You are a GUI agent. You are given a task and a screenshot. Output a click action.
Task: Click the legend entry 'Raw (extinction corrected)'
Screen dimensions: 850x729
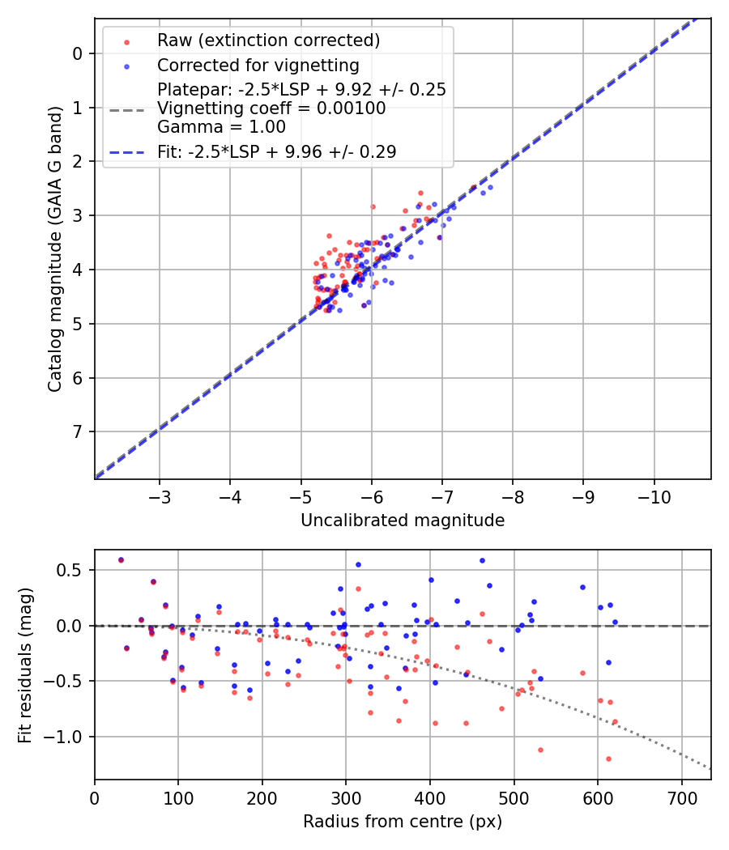tap(268, 40)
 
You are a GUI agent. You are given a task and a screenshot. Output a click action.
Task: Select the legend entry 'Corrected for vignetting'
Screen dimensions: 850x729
tap(258, 65)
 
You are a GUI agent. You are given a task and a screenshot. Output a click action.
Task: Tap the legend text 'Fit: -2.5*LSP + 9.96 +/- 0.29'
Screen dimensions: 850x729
tap(276, 151)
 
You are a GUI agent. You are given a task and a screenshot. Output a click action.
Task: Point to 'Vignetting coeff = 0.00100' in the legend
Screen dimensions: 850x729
tap(271, 108)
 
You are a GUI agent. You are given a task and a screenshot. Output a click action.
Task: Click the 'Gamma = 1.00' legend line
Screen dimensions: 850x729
tap(221, 126)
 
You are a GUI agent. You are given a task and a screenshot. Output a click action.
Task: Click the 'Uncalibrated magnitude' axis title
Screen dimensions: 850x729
tap(403, 521)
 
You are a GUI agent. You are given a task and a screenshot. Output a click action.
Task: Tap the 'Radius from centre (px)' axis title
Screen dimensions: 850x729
tap(403, 822)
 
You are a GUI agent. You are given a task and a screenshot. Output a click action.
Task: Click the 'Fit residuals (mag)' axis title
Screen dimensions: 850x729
tap(26, 665)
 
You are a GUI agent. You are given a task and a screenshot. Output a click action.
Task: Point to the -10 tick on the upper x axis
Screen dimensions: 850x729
tap(654, 494)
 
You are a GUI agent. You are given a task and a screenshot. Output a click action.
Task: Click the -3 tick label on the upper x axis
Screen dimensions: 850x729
tap(160, 494)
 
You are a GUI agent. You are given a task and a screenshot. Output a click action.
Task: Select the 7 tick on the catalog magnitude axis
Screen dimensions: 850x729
tap(78, 431)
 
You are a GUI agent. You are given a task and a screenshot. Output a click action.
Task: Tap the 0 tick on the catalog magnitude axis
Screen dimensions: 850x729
tap(78, 53)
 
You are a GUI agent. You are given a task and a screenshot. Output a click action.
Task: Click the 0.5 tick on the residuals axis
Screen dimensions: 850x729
tap(73, 571)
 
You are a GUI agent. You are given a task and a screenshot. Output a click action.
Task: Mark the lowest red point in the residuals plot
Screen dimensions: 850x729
tap(608, 759)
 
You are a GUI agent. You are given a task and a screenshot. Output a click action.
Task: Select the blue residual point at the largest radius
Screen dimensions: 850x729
tap(615, 622)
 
